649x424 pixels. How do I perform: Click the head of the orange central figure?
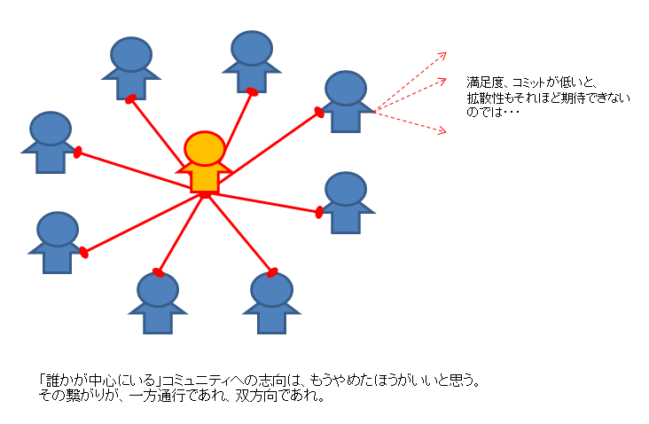205,148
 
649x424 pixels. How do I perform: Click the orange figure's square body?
205,178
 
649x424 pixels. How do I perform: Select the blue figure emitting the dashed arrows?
345,102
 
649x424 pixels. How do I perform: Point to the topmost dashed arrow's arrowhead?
444,54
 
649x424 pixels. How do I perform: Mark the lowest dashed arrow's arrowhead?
443,132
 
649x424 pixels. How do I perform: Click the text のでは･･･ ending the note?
492,113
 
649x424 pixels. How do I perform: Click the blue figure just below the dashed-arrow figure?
345,202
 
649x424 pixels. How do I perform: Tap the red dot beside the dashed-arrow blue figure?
318,112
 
